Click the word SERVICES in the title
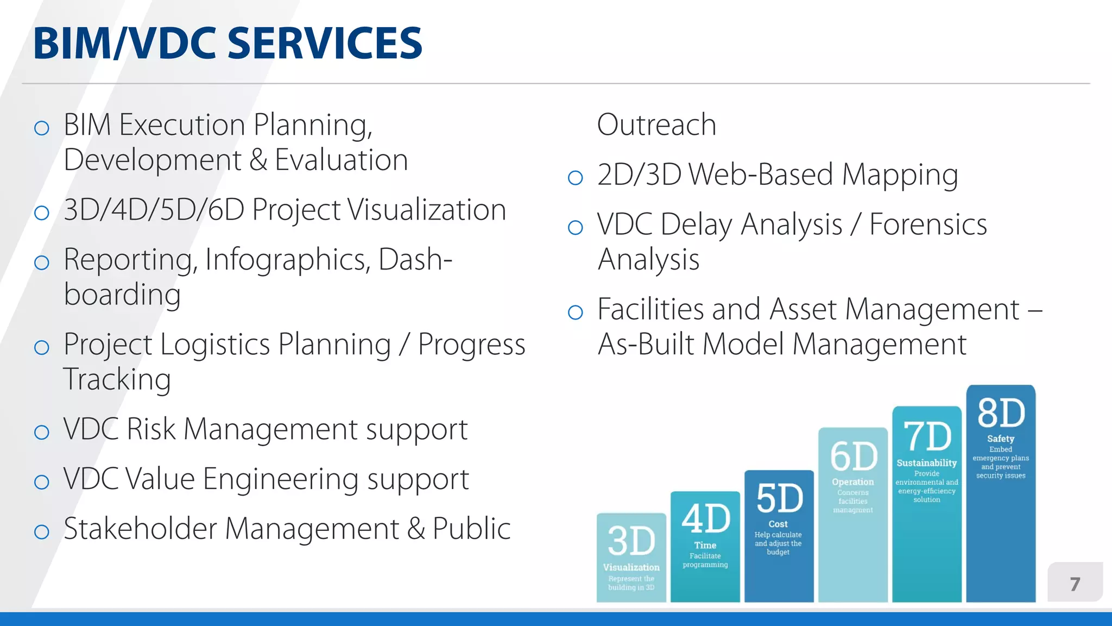tap(324, 43)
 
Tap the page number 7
tap(1075, 584)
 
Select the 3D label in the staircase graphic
tap(631, 541)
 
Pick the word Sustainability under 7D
tap(926, 463)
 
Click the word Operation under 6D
tap(852, 482)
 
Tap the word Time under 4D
tap(705, 545)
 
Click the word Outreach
tap(656, 125)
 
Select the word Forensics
tap(928, 224)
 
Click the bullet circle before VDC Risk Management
tap(42, 433)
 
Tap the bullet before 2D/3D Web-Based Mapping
tap(575, 178)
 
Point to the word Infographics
tap(288, 260)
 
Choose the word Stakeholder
tap(140, 529)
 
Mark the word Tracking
tap(117, 379)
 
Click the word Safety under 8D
tap(1000, 439)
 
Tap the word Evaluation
tap(341, 160)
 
